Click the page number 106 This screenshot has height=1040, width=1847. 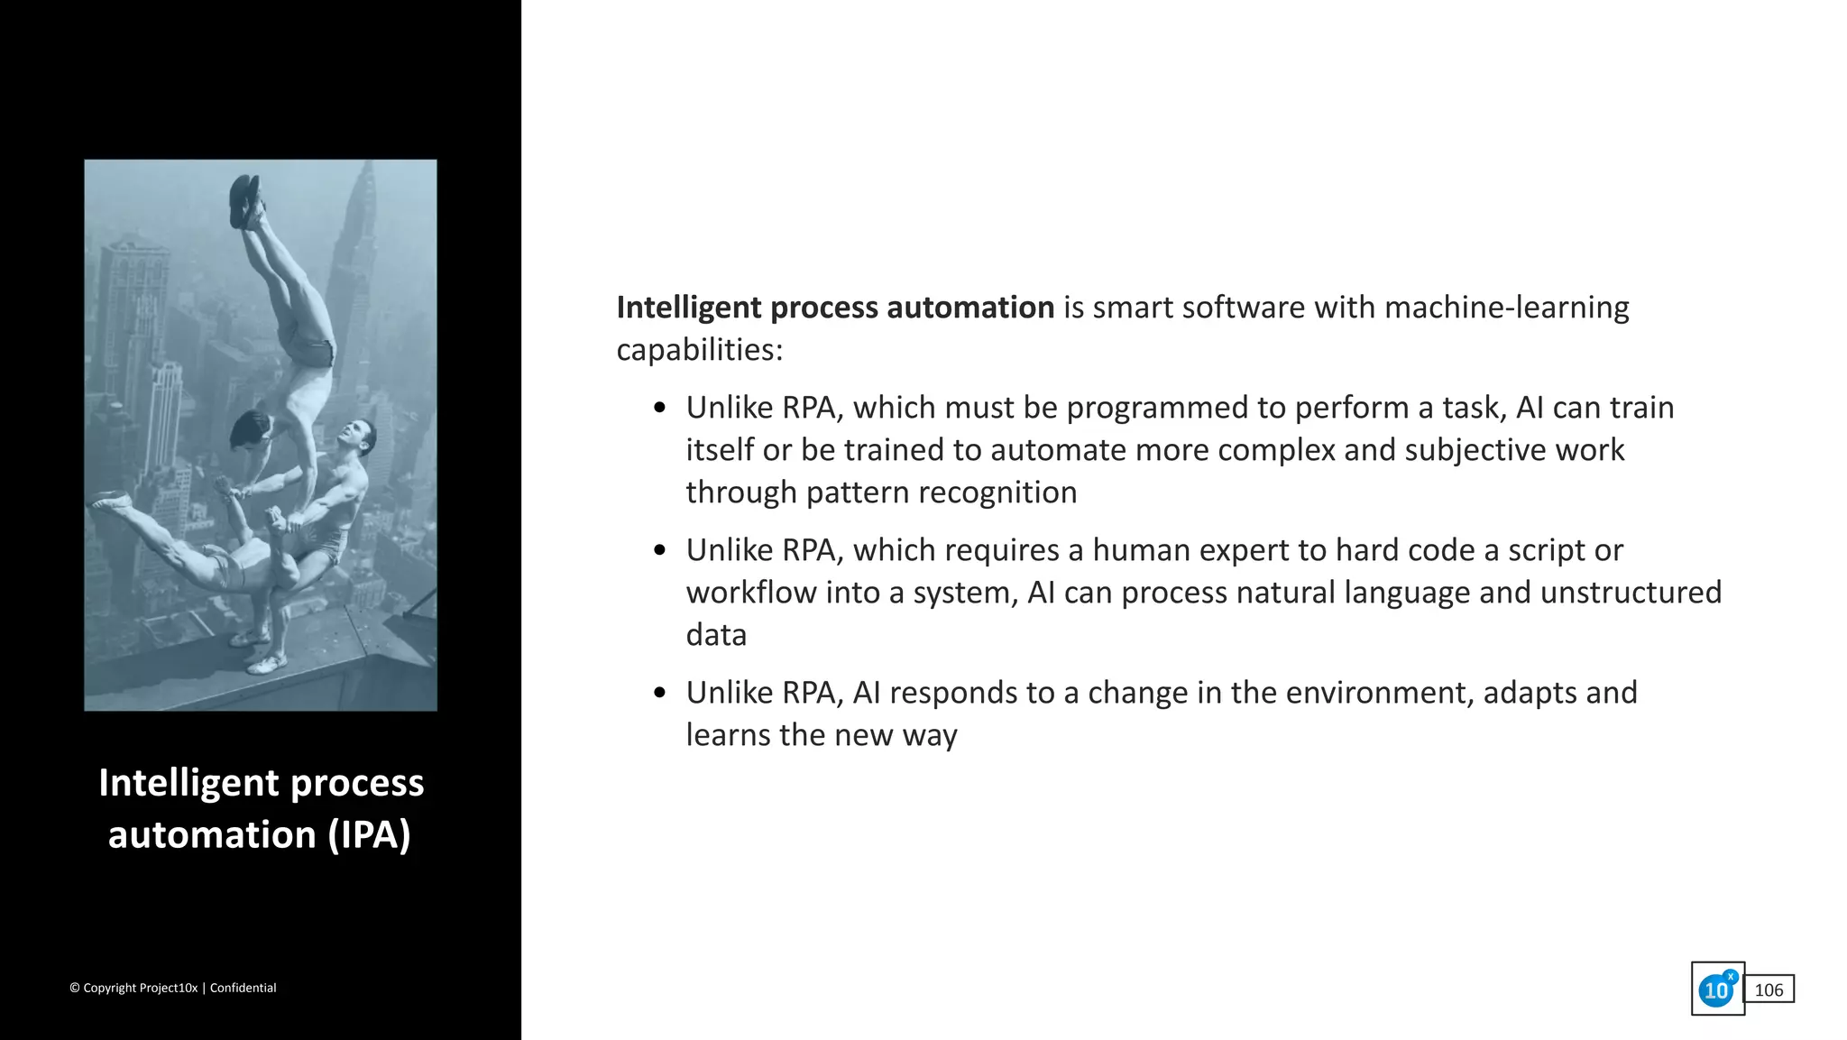click(1769, 989)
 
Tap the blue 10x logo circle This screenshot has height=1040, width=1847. click(1716, 989)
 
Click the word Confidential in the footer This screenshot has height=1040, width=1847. click(243, 988)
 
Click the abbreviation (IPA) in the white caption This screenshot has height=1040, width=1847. click(369, 834)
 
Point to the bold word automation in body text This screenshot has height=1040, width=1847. click(970, 308)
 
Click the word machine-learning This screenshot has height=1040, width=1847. click(1506, 308)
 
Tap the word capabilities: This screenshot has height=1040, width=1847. click(700, 350)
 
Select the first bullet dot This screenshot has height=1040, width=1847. click(660, 409)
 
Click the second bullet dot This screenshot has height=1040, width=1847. click(660, 550)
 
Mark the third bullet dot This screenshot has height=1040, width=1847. click(660, 693)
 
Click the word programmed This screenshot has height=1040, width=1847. click(1163, 408)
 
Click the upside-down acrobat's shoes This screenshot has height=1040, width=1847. click(245, 200)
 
